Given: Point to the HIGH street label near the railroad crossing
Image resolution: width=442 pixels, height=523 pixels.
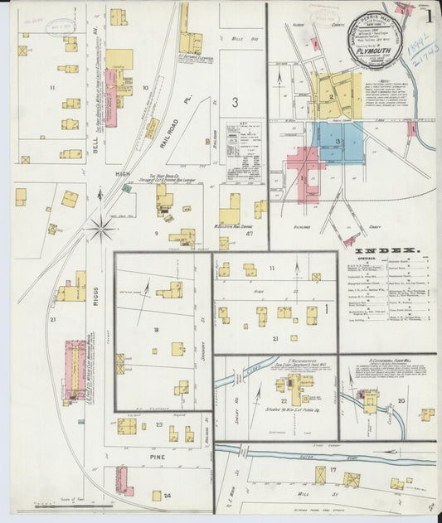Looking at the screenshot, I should coord(123,173).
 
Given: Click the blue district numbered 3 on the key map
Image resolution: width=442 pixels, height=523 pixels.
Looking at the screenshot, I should coord(338,142).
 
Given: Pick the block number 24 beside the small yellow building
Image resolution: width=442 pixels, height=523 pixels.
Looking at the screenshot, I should coord(168,496).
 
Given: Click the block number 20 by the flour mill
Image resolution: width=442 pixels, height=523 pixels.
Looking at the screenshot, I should coord(401,400).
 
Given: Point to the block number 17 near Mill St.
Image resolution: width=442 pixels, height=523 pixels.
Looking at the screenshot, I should coord(332,470).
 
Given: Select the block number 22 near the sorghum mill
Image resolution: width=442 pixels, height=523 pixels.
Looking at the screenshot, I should coord(284,400).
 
